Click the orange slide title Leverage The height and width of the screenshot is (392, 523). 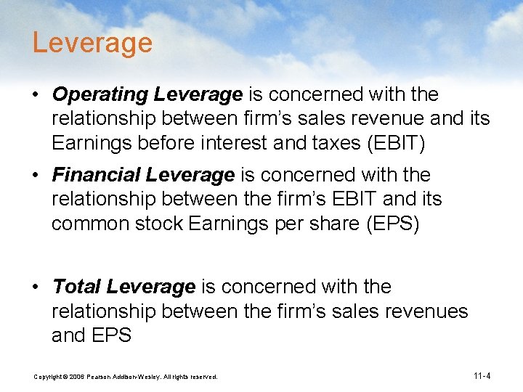[92, 44]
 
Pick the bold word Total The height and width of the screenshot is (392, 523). [76, 287]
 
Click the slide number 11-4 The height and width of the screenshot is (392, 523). [482, 376]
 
